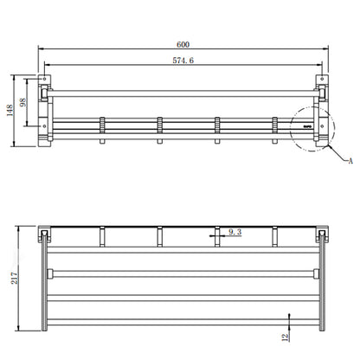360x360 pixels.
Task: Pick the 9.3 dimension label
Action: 235,232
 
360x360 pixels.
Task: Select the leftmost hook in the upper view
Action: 102,126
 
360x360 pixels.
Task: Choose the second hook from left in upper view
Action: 158,126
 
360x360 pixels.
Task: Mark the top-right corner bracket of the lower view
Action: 323,235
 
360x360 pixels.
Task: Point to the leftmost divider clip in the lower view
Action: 102,233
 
